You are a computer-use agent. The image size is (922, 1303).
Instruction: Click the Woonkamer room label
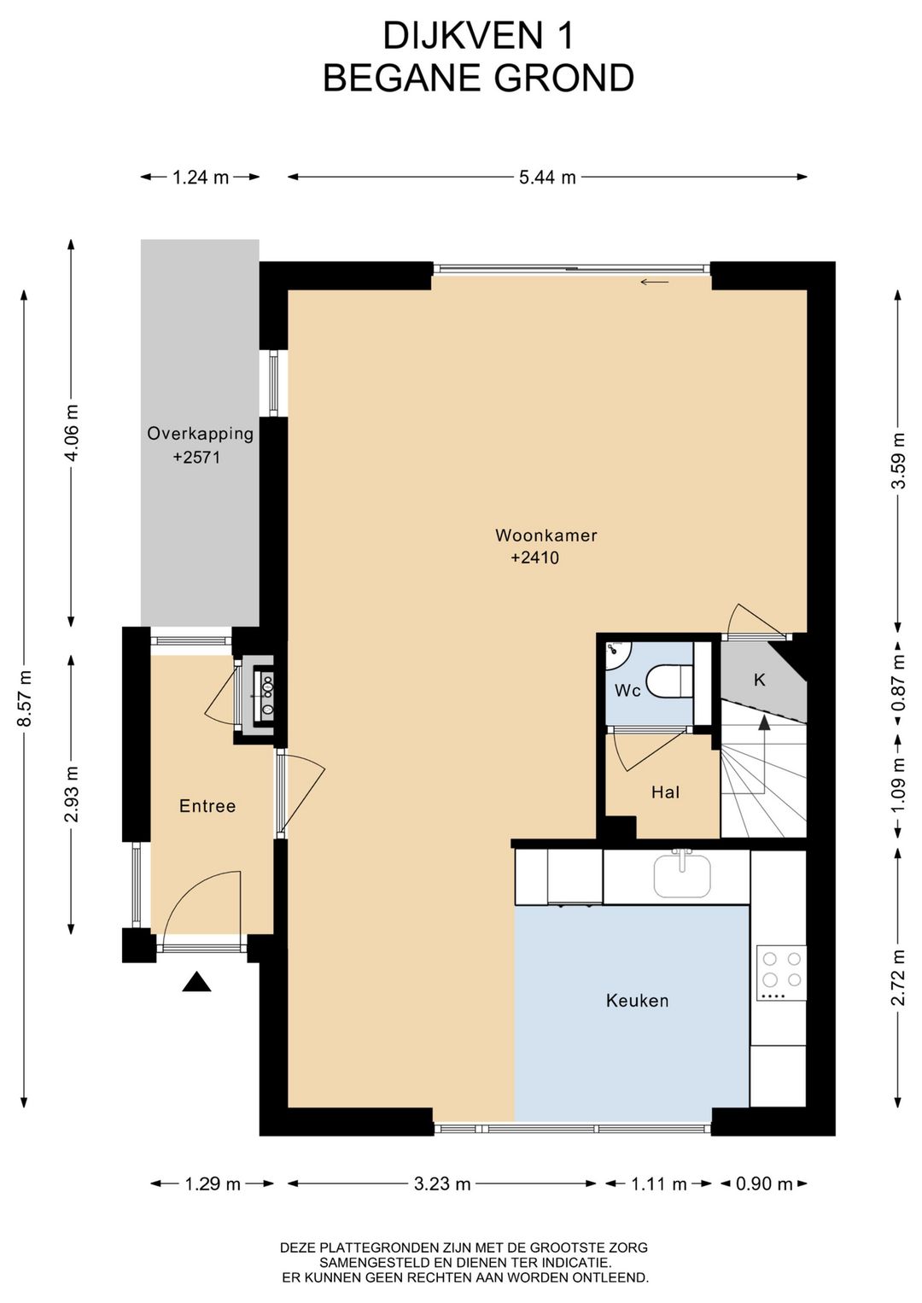(x=546, y=535)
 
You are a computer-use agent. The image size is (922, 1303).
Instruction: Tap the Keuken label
(x=637, y=1001)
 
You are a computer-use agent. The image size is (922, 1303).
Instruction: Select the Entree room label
(x=207, y=806)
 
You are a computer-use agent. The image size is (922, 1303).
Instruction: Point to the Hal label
(x=666, y=792)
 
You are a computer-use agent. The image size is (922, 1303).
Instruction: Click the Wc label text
(x=627, y=691)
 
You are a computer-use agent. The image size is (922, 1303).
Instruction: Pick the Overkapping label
(x=200, y=434)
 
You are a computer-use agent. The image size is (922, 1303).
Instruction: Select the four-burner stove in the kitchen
(x=781, y=972)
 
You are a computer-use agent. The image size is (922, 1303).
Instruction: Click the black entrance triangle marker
(x=196, y=982)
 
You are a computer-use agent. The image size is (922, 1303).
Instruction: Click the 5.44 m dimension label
(x=547, y=177)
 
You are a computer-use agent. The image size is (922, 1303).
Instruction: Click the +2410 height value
(x=534, y=558)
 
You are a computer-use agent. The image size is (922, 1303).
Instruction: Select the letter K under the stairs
(x=760, y=680)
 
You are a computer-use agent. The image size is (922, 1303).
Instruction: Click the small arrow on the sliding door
(x=655, y=282)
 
